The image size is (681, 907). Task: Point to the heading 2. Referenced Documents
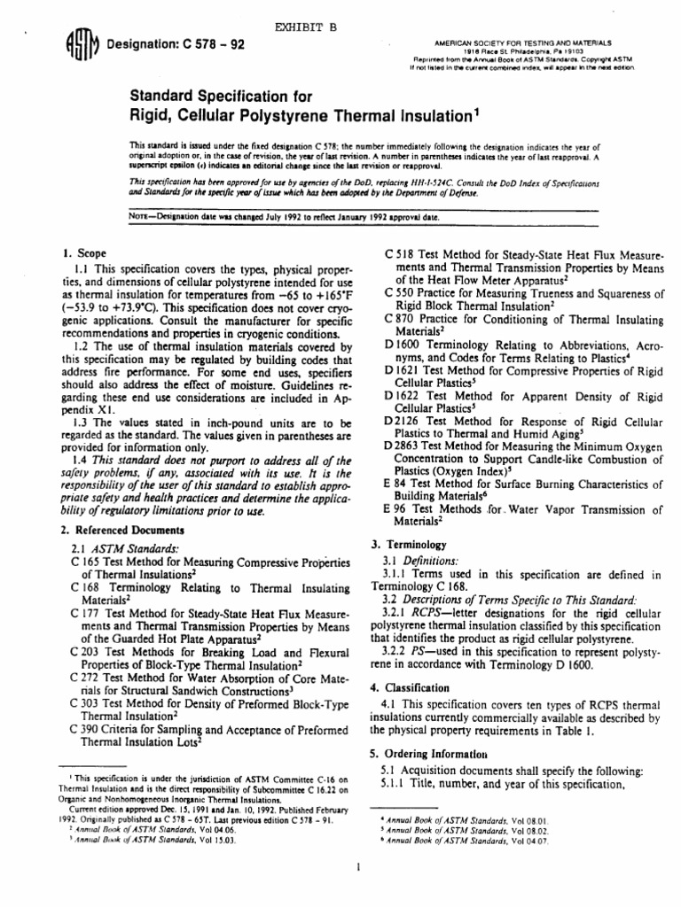point(121,531)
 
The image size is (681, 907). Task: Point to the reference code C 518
point(401,254)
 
